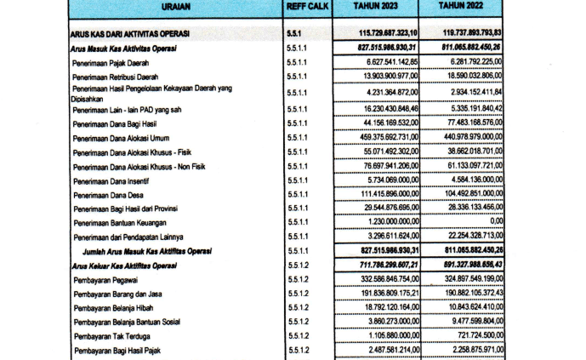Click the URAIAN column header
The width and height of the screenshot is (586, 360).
pos(174,8)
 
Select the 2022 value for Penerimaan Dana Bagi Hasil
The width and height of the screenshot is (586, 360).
pos(468,123)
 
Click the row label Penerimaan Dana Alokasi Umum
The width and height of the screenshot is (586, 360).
pos(125,138)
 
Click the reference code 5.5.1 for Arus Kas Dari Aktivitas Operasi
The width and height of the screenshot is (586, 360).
pos(296,34)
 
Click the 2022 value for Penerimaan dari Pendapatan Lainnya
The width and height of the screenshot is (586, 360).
pos(468,236)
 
